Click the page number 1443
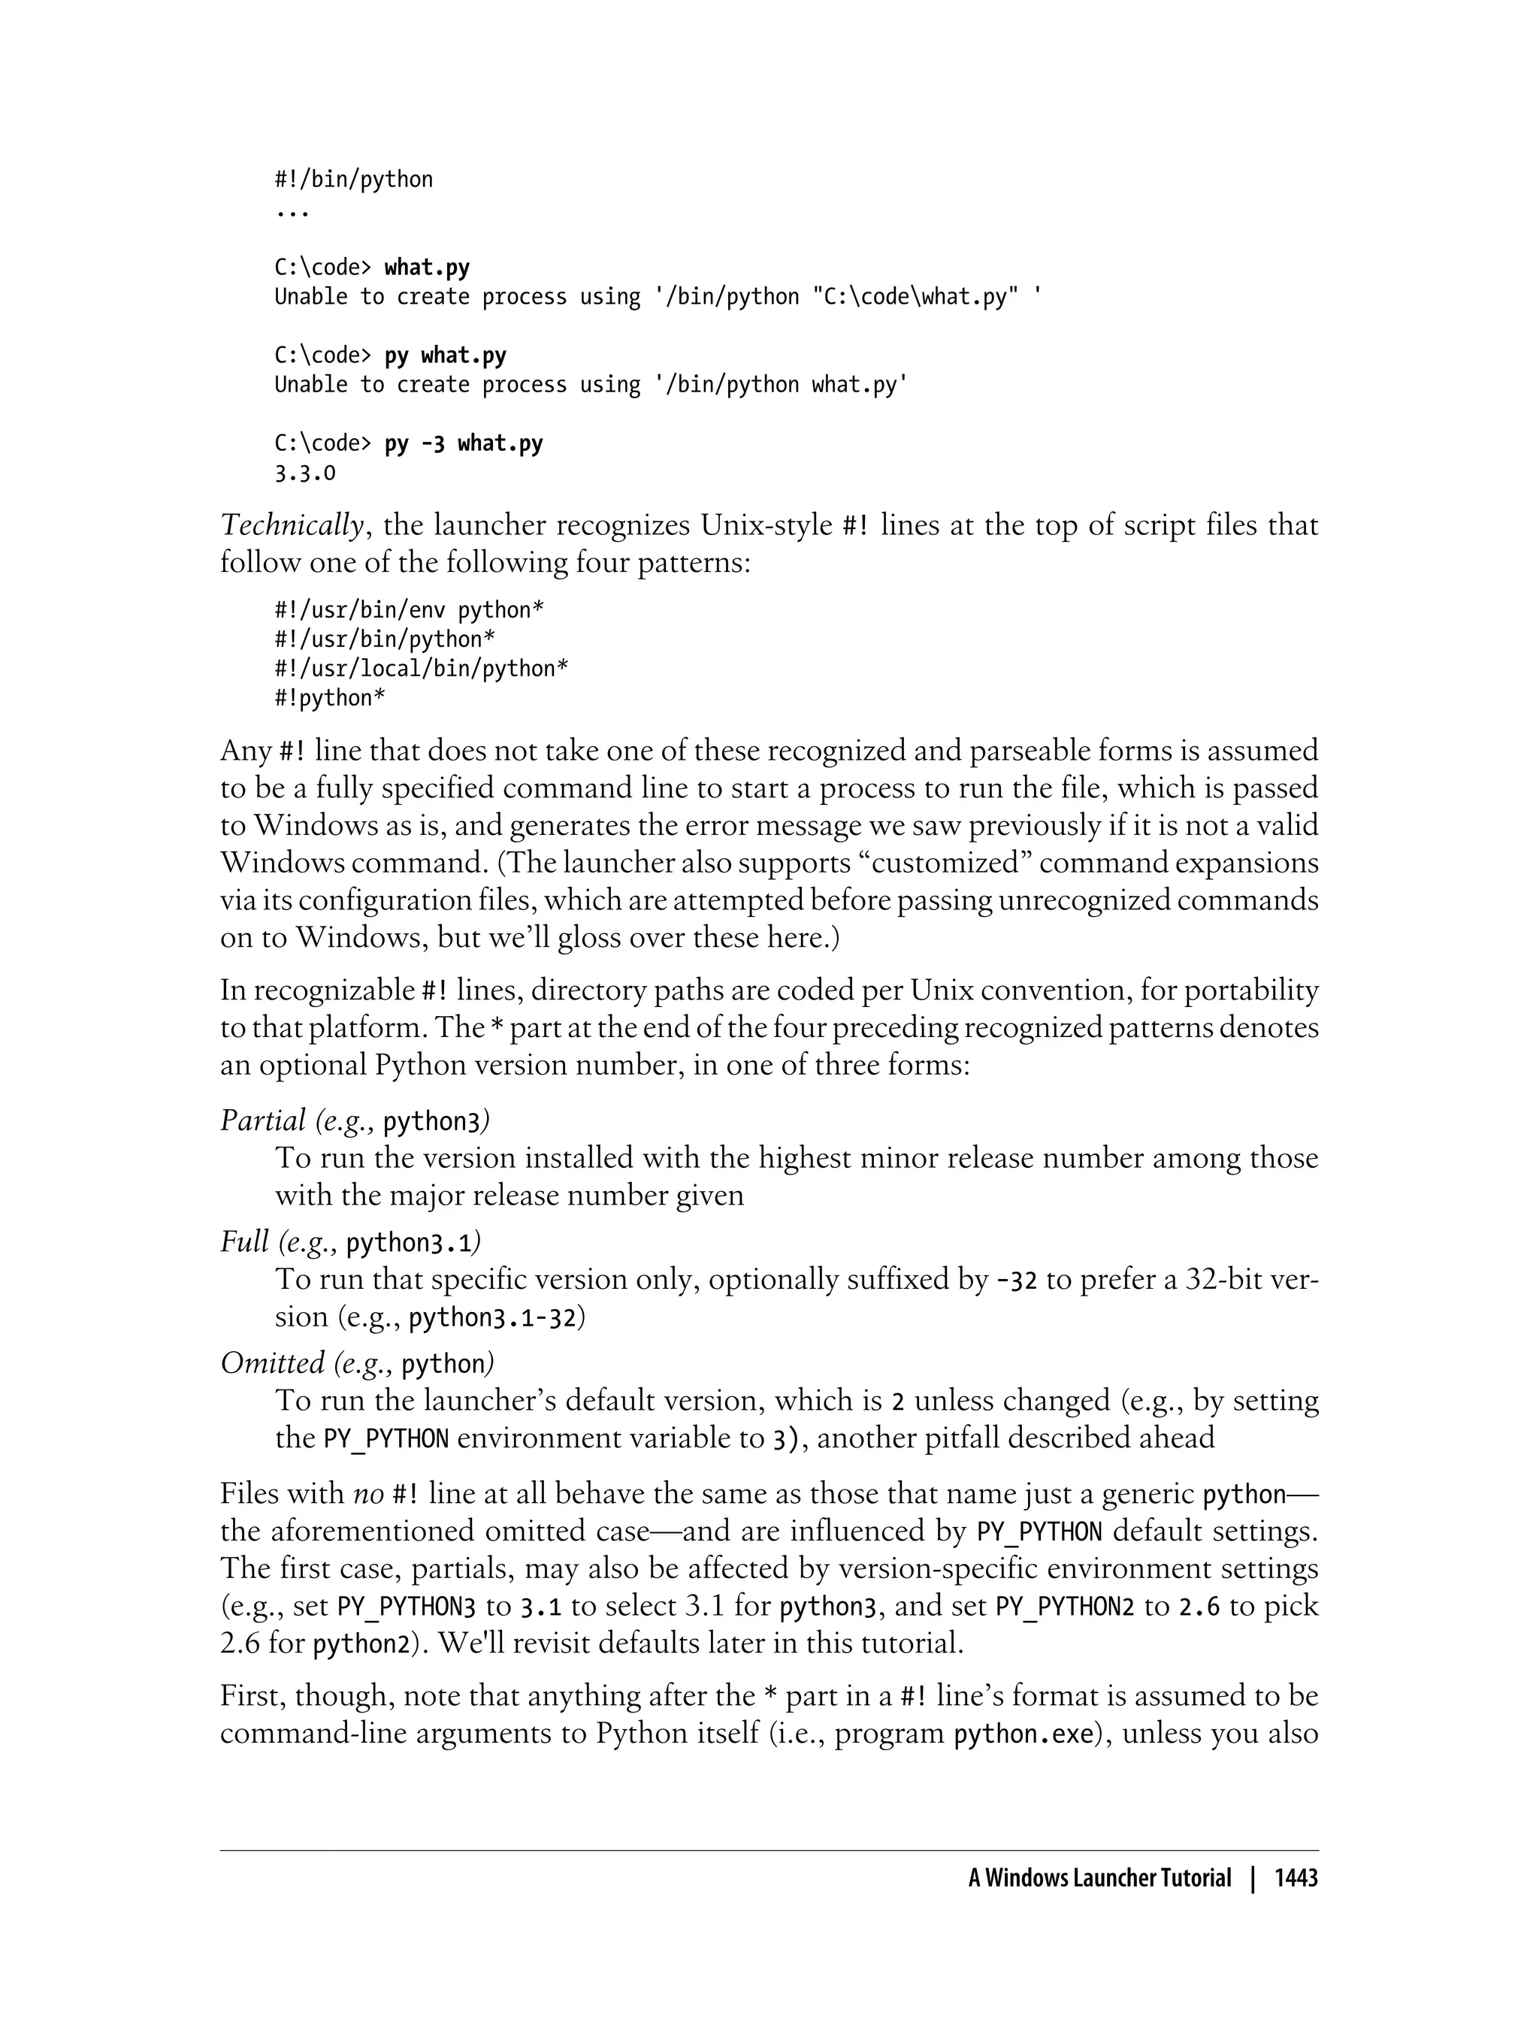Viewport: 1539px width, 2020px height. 1296,1879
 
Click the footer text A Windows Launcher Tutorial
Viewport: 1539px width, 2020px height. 1099,1879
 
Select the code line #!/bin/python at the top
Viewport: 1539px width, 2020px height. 354,180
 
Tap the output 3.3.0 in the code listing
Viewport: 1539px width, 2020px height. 305,473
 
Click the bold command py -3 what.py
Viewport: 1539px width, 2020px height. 464,444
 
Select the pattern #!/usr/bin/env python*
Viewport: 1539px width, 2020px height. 410,611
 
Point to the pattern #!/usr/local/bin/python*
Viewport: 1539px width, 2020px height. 422,670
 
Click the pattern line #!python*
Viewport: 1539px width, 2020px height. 330,699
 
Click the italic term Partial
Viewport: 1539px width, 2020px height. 263,1120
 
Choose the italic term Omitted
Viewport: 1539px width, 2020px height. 272,1363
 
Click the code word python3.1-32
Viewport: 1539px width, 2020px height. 492,1318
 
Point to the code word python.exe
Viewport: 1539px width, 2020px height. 1024,1734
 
